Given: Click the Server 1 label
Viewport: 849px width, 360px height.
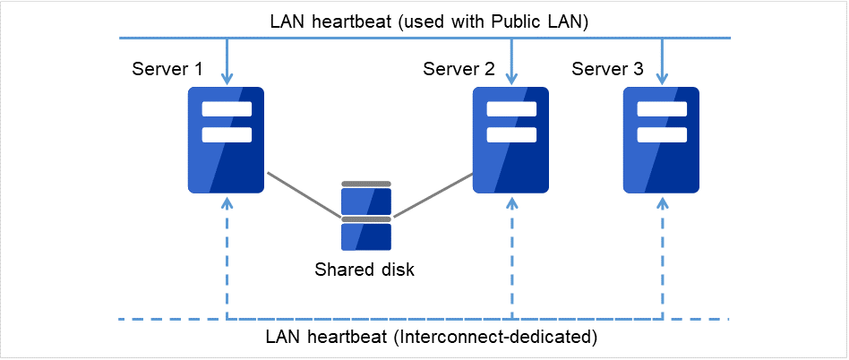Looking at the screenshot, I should click(167, 69).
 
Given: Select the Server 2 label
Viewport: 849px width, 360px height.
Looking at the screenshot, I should click(459, 69).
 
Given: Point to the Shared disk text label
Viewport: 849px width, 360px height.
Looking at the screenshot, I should click(364, 270).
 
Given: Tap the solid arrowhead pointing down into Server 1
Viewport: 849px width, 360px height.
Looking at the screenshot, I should click(227, 80).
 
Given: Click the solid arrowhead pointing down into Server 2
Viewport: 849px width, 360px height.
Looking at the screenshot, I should click(511, 80).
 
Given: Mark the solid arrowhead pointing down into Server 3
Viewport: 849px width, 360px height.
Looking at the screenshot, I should click(662, 80).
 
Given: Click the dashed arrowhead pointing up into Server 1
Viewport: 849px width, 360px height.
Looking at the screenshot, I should click(227, 201).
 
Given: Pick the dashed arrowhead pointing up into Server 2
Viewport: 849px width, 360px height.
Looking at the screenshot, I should click(511, 201).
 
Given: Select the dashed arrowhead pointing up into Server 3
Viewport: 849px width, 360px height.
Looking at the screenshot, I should click(662, 201).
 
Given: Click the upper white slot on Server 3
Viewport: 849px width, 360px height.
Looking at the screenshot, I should click(661, 110).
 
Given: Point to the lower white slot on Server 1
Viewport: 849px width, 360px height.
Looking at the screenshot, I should click(227, 135).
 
